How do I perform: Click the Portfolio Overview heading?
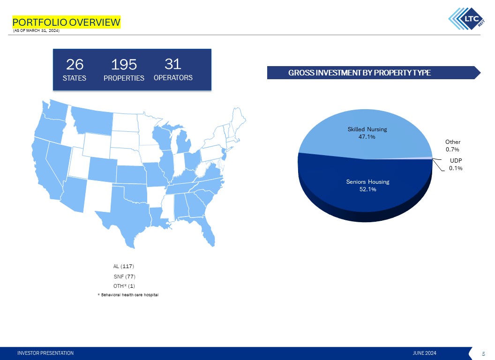point(66,22)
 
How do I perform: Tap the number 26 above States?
point(75,64)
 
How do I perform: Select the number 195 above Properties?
point(124,64)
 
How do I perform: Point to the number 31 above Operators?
point(173,64)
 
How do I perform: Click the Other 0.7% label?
point(453,145)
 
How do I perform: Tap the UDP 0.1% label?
point(456,164)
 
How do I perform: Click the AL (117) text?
point(124,267)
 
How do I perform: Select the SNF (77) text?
point(124,277)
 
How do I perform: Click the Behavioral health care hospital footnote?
point(127,294)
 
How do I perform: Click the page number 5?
point(483,353)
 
